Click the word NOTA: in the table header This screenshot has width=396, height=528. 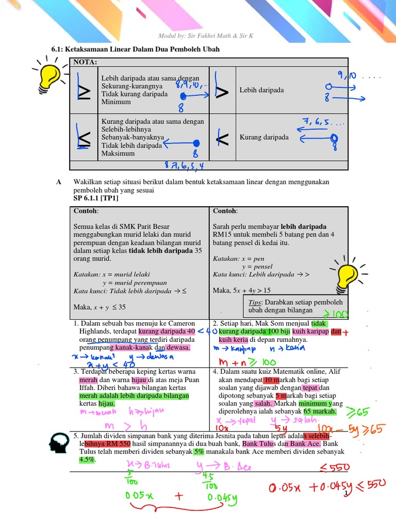tap(86, 62)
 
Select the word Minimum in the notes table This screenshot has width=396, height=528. tap(116, 102)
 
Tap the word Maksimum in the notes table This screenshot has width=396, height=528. tap(118, 153)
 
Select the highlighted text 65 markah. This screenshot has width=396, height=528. tap(320, 411)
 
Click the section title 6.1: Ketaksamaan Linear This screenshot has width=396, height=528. tap(135, 49)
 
